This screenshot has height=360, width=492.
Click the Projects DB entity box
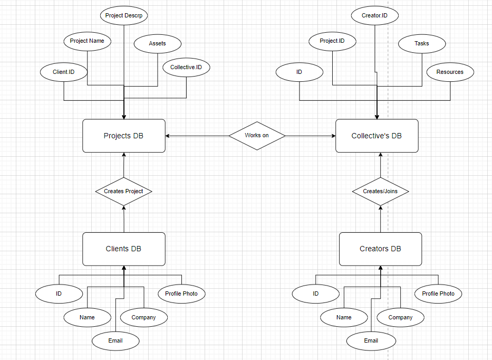(x=124, y=136)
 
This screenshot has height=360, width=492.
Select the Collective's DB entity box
(x=377, y=136)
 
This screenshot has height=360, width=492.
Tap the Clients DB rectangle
(x=124, y=249)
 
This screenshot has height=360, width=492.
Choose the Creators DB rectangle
(x=380, y=249)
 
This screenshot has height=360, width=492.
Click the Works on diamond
(x=257, y=136)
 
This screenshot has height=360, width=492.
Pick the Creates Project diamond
(x=123, y=191)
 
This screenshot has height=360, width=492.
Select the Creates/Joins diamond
(x=380, y=191)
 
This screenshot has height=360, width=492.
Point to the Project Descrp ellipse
(x=124, y=15)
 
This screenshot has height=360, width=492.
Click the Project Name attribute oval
(x=87, y=41)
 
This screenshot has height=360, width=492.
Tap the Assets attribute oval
(x=157, y=44)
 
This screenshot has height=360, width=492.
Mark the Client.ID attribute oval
(x=64, y=72)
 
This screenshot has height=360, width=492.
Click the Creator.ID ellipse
(x=374, y=16)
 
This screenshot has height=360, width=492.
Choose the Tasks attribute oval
(x=421, y=44)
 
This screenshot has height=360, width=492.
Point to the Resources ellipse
(x=450, y=72)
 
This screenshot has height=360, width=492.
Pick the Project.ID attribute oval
(x=332, y=41)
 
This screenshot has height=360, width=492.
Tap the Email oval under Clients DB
(x=115, y=341)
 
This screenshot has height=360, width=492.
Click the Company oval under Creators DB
(x=400, y=318)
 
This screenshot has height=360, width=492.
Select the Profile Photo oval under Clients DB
(x=182, y=293)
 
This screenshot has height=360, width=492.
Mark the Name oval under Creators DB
(x=344, y=318)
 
